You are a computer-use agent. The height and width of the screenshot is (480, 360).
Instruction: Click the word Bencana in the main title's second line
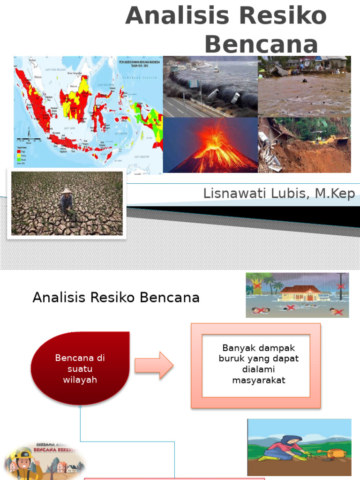(x=261, y=45)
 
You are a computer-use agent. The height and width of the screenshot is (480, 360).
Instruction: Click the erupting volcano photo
(x=210, y=145)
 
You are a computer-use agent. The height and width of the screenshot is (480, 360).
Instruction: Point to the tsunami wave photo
(x=210, y=87)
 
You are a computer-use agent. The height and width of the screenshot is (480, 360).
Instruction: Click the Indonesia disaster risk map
(x=88, y=115)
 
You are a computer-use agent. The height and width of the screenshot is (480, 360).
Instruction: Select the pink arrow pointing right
(x=154, y=365)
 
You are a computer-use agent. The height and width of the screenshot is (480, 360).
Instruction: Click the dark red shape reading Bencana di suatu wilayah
(x=80, y=368)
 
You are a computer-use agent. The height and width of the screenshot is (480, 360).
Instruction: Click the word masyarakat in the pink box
(x=258, y=381)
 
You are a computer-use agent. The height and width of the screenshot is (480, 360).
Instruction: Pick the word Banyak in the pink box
(x=237, y=348)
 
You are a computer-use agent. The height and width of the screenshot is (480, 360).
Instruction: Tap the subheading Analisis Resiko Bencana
(x=116, y=298)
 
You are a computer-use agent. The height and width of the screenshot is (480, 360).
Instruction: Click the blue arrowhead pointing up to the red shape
(x=81, y=407)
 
